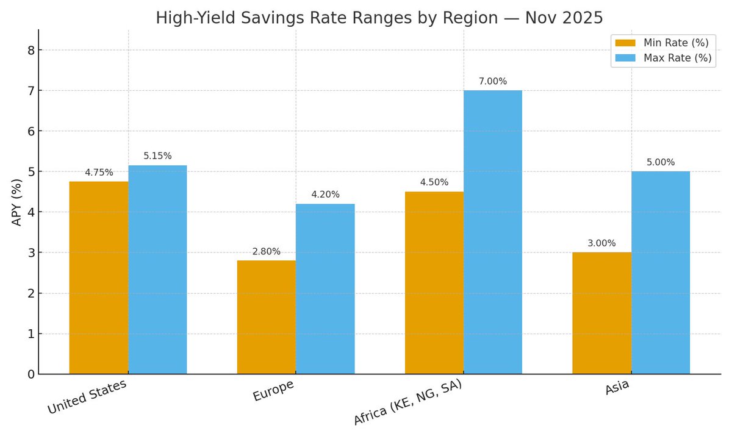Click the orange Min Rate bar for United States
pos(99,277)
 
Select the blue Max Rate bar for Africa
pos(493,232)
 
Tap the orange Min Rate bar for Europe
pos(267,317)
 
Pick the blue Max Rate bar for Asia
pos(661,273)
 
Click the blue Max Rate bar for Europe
pos(325,288)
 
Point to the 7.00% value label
pos(493,81)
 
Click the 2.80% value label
pos(267,252)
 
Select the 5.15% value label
pos(157,156)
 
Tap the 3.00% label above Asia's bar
pos(602,243)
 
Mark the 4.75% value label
pos(99,173)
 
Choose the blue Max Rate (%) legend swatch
pos(625,58)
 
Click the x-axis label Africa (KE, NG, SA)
pos(407,402)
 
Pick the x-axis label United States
pos(87,397)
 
